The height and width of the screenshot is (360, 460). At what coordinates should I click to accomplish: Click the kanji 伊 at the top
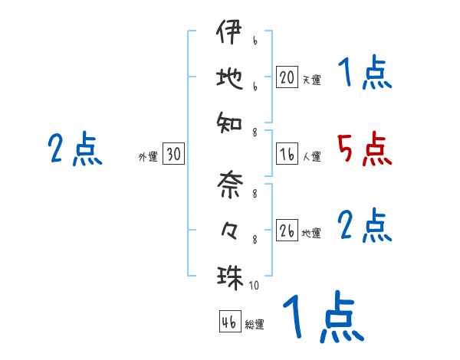pyautogui.click(x=228, y=34)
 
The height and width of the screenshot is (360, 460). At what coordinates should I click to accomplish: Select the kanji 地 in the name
pyautogui.click(x=228, y=77)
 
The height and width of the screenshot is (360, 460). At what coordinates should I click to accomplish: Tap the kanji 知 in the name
pyautogui.click(x=228, y=120)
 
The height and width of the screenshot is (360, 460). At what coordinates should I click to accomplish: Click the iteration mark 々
pyautogui.click(x=228, y=230)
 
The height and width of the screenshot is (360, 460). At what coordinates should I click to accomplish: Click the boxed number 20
pyautogui.click(x=287, y=77)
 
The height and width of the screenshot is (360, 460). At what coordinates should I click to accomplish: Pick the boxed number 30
pyautogui.click(x=173, y=155)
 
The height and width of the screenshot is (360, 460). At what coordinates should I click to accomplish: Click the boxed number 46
pyautogui.click(x=228, y=322)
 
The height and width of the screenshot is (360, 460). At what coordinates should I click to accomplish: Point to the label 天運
pyautogui.click(x=311, y=79)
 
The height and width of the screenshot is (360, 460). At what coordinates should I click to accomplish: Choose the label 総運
pyautogui.click(x=255, y=324)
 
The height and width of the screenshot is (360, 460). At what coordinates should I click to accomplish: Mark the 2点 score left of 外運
pyautogui.click(x=74, y=149)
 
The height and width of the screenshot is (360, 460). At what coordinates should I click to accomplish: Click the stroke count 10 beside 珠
pyautogui.click(x=254, y=285)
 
